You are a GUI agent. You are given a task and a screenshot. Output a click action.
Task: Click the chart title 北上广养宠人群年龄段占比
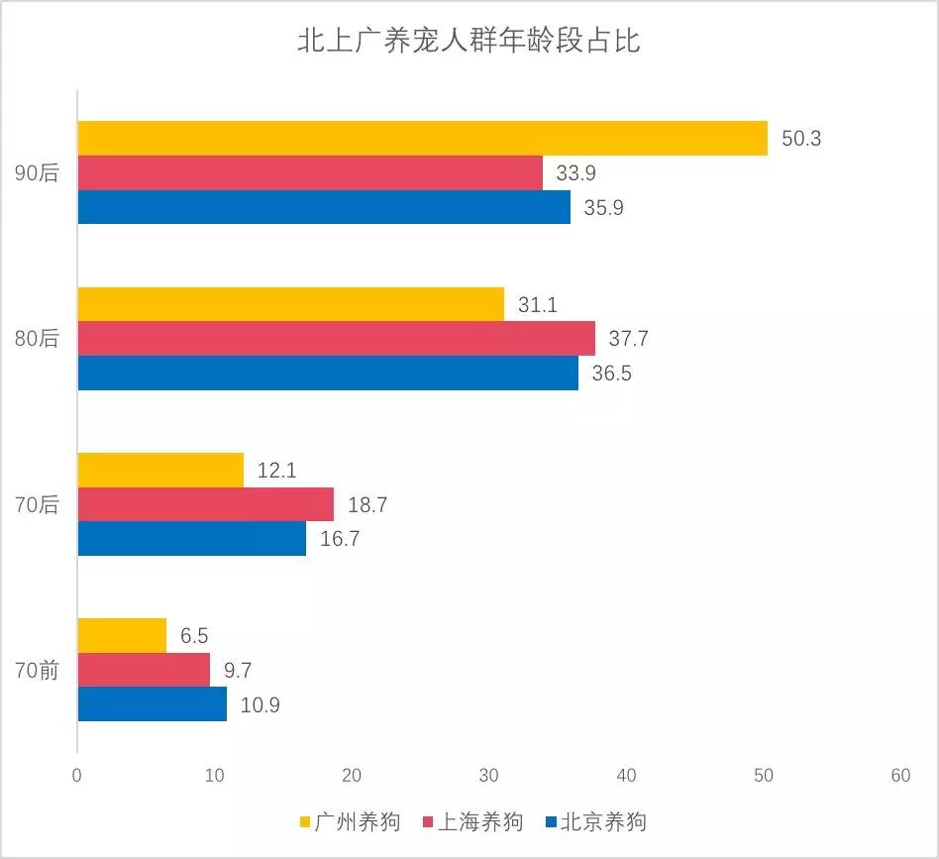click(469, 42)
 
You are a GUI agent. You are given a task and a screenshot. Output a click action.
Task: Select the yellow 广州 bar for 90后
click(422, 139)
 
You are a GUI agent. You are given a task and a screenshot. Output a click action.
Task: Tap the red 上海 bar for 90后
click(310, 173)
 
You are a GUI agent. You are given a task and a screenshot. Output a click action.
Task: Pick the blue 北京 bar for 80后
click(328, 373)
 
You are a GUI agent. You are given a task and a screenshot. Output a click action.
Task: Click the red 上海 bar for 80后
click(336, 339)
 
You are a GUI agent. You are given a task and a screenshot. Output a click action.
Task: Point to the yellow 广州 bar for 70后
click(160, 471)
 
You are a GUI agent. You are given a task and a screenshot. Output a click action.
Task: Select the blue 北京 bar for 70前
click(152, 704)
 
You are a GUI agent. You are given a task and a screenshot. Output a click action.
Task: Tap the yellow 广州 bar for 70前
click(122, 636)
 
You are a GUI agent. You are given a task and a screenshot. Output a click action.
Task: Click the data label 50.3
click(801, 139)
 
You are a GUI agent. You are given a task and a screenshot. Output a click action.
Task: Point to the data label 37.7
click(628, 339)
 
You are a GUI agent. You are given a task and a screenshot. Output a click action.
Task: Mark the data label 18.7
click(366, 505)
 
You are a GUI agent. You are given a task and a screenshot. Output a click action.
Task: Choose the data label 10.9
click(261, 705)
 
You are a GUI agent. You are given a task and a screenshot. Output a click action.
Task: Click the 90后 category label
click(38, 173)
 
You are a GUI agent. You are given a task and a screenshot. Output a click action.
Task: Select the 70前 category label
click(38, 671)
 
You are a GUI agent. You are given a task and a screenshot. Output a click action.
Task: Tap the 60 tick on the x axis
click(899, 777)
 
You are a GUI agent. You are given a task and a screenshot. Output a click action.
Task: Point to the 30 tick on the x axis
click(488, 777)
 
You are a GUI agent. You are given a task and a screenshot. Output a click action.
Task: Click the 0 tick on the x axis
click(77, 777)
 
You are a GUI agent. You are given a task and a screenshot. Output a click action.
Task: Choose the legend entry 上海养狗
click(480, 822)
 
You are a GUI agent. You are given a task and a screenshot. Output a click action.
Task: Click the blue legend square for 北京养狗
click(551, 822)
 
